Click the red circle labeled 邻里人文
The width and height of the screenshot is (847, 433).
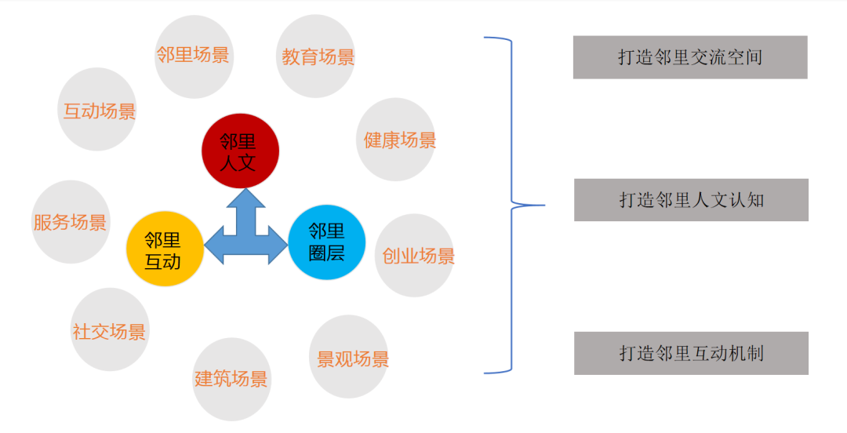coord(240,151)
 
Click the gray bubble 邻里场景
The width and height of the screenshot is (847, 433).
coord(194,56)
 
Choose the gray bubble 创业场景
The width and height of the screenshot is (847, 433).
coord(416,256)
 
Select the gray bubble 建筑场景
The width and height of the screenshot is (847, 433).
coord(231,379)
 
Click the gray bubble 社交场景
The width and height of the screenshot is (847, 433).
coord(109,330)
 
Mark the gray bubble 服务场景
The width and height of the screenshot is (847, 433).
coord(71,222)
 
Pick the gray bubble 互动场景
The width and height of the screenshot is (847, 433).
coord(99,110)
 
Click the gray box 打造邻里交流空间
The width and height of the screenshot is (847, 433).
coord(690,57)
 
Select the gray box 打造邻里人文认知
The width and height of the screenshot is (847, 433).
coord(691,200)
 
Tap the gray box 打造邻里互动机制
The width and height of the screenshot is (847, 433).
coord(691,353)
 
